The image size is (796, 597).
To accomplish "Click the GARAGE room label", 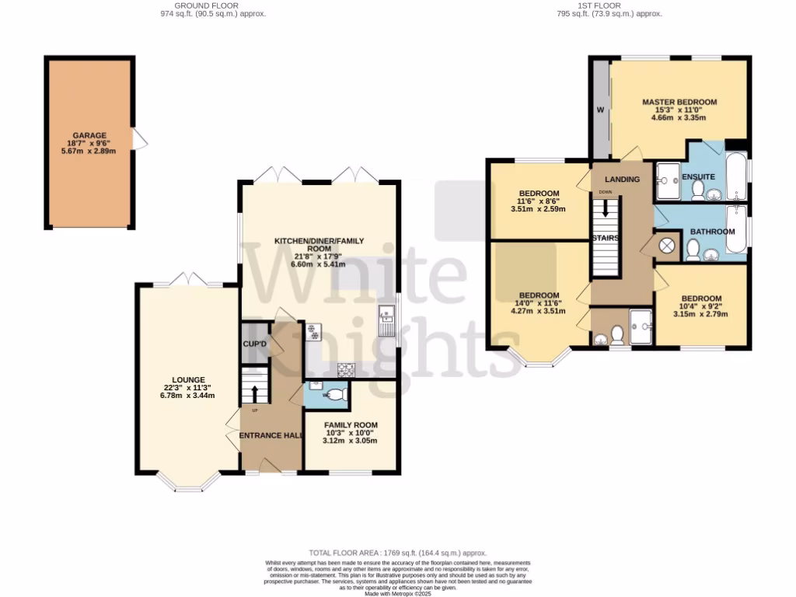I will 90,135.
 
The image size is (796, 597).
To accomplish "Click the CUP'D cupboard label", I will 254,344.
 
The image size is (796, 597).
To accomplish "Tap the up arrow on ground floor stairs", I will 255,392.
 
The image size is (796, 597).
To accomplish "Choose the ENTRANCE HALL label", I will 271,435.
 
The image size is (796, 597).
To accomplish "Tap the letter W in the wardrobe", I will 600,110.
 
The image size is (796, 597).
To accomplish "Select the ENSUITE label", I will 698,177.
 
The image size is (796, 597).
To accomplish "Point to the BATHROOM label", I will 714,232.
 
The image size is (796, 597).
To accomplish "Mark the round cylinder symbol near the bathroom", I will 667,247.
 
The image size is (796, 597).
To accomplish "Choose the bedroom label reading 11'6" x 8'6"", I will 539,201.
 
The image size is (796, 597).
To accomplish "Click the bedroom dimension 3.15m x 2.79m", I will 701,315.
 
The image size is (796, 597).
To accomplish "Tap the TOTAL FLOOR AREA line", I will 397,550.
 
